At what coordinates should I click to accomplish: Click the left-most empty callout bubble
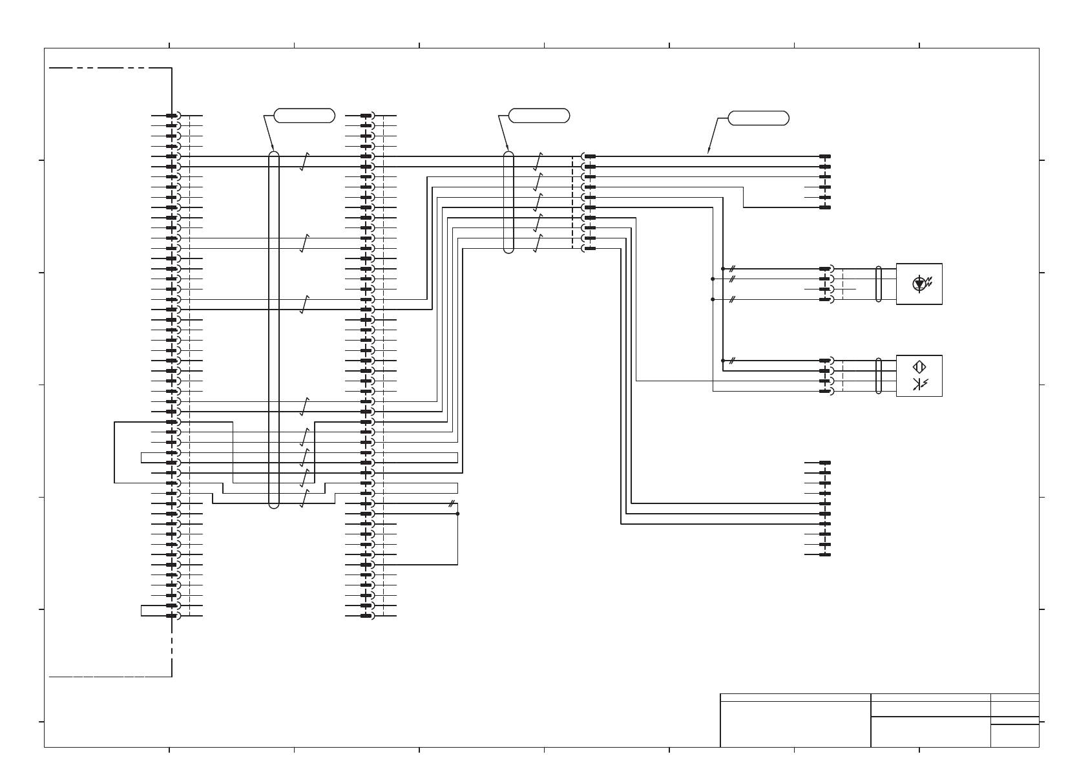point(304,116)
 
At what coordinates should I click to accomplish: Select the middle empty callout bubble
point(539,116)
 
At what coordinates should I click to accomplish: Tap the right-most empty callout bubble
point(758,118)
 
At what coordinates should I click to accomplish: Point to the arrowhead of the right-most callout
point(709,153)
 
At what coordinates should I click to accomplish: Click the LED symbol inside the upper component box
point(919,283)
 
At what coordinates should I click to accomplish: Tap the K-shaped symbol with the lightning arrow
point(920,385)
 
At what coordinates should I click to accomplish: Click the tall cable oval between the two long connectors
point(274,330)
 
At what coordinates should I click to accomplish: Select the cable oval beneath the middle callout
point(508,202)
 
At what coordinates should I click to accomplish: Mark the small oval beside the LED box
point(879,284)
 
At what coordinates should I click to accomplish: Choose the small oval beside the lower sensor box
point(879,375)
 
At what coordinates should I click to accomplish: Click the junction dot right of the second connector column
point(457,514)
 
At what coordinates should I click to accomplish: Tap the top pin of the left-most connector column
point(172,116)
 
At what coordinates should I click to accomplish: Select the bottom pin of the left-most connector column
point(172,616)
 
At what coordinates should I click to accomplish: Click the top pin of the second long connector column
point(366,116)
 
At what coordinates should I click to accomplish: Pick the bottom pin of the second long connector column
point(366,616)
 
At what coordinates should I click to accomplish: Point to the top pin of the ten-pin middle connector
point(589,156)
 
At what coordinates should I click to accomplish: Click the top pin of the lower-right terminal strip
point(825,463)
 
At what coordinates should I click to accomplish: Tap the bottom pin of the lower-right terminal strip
point(825,554)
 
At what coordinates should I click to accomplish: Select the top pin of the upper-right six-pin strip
point(825,156)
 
